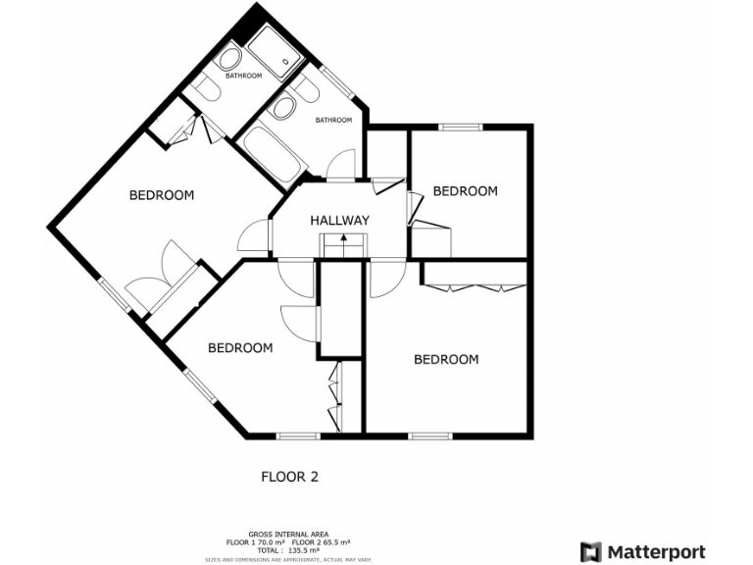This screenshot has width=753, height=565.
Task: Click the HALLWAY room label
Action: (x=339, y=221)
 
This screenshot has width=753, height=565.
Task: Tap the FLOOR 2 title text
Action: (x=289, y=478)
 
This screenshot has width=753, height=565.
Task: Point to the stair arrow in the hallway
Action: (x=343, y=240)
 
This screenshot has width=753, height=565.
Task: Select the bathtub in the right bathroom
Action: (x=270, y=153)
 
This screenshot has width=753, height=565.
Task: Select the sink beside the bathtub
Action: (x=284, y=108)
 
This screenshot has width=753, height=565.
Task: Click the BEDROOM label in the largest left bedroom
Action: (x=162, y=195)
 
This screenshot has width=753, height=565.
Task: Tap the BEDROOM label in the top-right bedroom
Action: (x=465, y=191)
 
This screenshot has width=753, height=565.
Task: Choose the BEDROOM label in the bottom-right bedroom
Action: (x=446, y=360)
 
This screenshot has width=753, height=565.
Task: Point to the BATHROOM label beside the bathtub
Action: (x=333, y=121)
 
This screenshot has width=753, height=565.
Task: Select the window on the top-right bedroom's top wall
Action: (x=460, y=127)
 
